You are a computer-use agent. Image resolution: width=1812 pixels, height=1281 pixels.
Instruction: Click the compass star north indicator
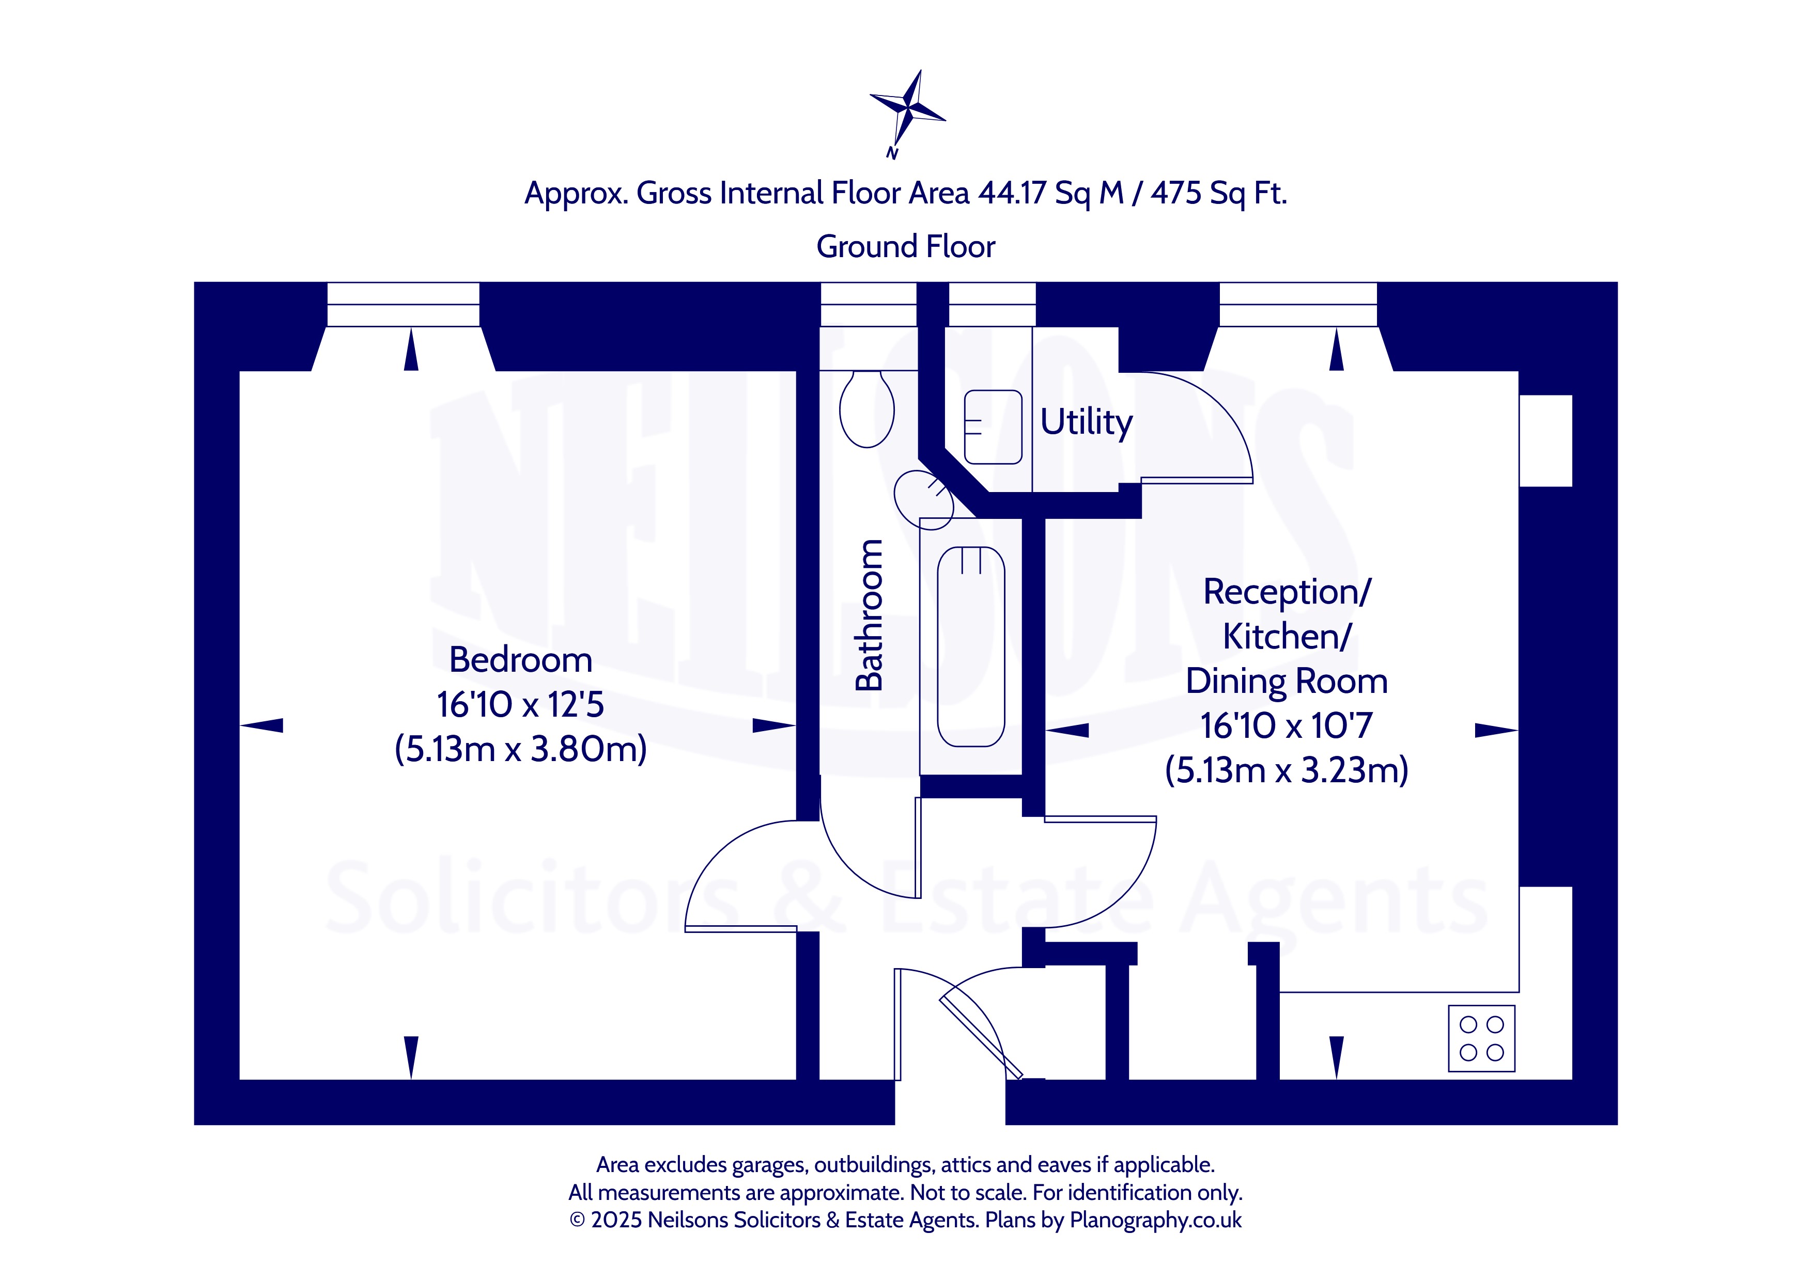[x=908, y=110]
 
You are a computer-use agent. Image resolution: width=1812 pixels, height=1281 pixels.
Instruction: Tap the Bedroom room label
[x=521, y=659]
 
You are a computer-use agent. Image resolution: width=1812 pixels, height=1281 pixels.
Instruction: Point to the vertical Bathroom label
[x=869, y=615]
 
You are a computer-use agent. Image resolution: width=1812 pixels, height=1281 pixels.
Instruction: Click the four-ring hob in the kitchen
[x=1481, y=1038]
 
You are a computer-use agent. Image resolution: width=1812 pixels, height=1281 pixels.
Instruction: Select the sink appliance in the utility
[x=993, y=426]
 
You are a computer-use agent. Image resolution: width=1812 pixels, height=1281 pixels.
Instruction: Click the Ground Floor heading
[x=906, y=247]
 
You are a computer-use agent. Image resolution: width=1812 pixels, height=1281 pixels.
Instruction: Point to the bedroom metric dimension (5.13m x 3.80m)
[x=521, y=749]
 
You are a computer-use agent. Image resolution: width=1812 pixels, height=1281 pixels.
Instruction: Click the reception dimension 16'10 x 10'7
[x=1287, y=725]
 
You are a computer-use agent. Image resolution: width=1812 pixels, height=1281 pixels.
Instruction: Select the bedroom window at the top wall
[x=404, y=305]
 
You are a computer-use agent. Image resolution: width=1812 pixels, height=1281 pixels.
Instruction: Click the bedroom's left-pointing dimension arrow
[x=261, y=725]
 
